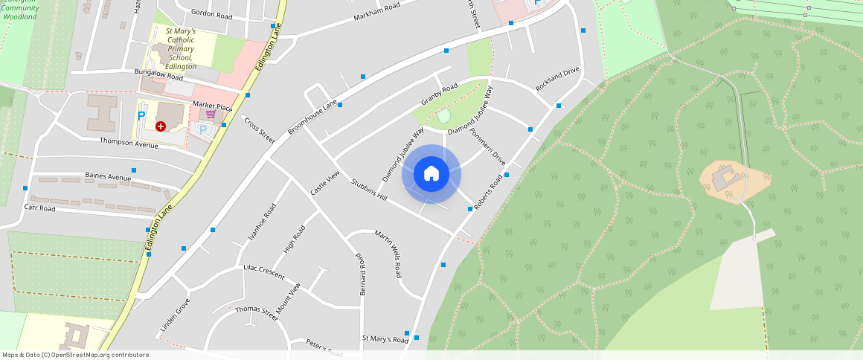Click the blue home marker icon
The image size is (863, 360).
(431, 174)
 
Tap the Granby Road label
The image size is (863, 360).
(439, 95)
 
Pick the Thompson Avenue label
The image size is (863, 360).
(129, 142)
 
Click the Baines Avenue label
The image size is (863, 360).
(108, 176)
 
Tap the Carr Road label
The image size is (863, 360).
(39, 208)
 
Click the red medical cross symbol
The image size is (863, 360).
(161, 126)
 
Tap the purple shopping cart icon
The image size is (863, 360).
(211, 115)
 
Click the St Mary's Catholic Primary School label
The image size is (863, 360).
(180, 49)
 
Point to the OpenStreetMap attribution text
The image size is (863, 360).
(76, 355)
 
